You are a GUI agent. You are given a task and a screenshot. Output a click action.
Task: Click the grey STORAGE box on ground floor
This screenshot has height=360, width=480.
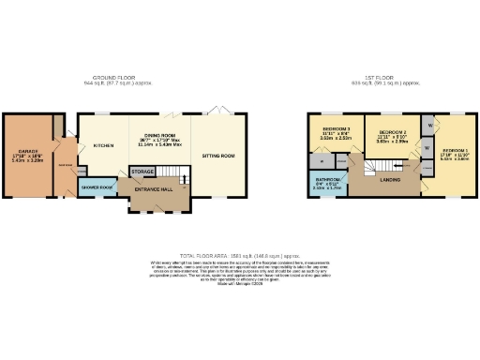[x=142, y=172]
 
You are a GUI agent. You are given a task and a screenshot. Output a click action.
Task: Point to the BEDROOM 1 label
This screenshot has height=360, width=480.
[x=454, y=150]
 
